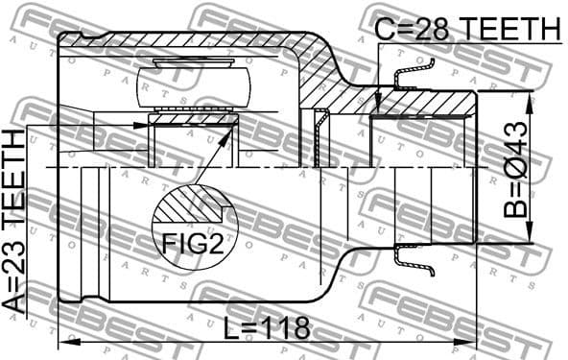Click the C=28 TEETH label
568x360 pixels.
pos(466,30)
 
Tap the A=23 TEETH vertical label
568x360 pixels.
pos(16,220)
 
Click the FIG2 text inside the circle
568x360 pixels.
pos(191,244)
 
